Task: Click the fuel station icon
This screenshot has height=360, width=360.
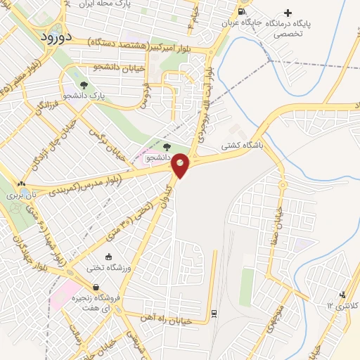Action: (x=242, y=12)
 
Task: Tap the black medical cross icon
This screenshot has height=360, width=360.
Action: (x=287, y=13)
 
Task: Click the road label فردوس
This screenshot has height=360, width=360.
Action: (x=145, y=96)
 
